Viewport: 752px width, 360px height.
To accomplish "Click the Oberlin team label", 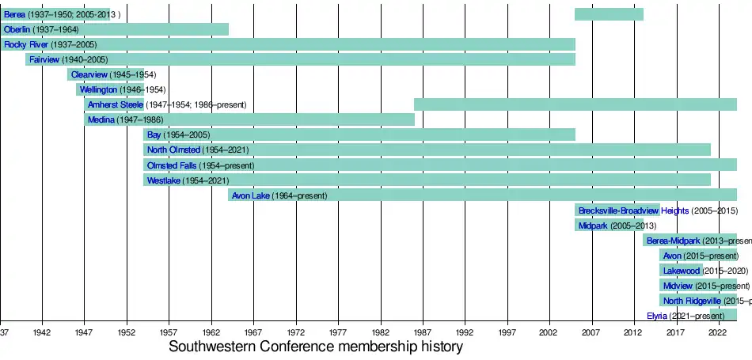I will point(17,29).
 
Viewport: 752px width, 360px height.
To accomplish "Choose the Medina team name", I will point(101,119).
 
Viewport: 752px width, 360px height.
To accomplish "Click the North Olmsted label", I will point(173,150).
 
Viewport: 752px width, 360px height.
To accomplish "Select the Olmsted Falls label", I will point(172,165).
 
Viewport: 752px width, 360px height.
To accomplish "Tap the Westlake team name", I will point(164,180).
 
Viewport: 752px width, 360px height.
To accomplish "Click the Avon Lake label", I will point(251,195).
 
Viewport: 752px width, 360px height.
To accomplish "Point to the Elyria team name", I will point(657,316).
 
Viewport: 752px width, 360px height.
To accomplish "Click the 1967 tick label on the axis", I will point(253,333).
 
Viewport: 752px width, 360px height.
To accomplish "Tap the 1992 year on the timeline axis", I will point(465,333).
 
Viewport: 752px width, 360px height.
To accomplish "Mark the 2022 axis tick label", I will point(718,333).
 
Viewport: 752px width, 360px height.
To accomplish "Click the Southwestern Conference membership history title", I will point(316,347).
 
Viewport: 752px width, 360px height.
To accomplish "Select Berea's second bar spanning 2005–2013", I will point(609,14).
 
